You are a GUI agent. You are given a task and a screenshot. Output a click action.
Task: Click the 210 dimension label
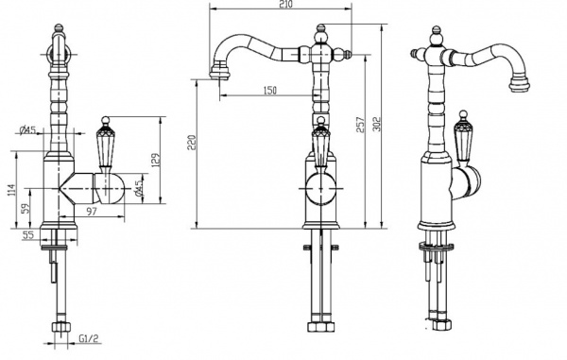[x=285, y=5]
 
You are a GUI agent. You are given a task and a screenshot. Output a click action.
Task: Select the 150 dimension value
[x=269, y=90]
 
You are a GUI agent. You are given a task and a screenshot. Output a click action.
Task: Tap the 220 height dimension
[x=192, y=143]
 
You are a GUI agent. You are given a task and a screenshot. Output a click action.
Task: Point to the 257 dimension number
[x=360, y=125]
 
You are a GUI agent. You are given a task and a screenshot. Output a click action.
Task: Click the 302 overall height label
[x=376, y=124]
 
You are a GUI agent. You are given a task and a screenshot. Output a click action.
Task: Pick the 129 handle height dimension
[x=155, y=161]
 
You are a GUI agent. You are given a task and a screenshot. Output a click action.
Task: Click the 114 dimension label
[x=11, y=191]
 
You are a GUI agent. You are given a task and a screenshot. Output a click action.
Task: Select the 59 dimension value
[x=25, y=209]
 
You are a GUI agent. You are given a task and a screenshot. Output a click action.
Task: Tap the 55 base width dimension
[x=27, y=235]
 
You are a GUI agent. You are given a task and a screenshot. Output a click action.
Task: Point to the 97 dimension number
[x=93, y=211]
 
